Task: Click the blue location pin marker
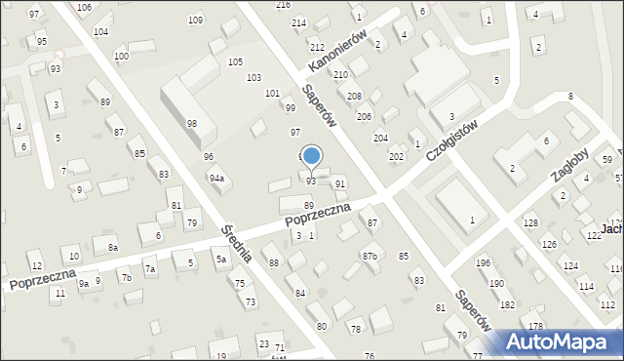tap(311, 157)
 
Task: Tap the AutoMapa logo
tap(562, 341)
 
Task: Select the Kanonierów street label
tap(336, 49)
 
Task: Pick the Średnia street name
tap(238, 243)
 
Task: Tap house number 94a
tap(216, 178)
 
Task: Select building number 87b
tap(370, 256)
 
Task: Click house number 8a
tap(113, 249)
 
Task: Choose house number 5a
tap(221, 259)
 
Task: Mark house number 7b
tap(126, 278)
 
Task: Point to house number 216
tap(283, 5)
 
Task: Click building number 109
tap(195, 20)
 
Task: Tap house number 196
tap(483, 262)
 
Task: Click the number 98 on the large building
tap(192, 123)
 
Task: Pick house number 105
tap(235, 61)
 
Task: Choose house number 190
tap(496, 283)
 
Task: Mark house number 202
tap(396, 156)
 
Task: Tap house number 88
tap(274, 263)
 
